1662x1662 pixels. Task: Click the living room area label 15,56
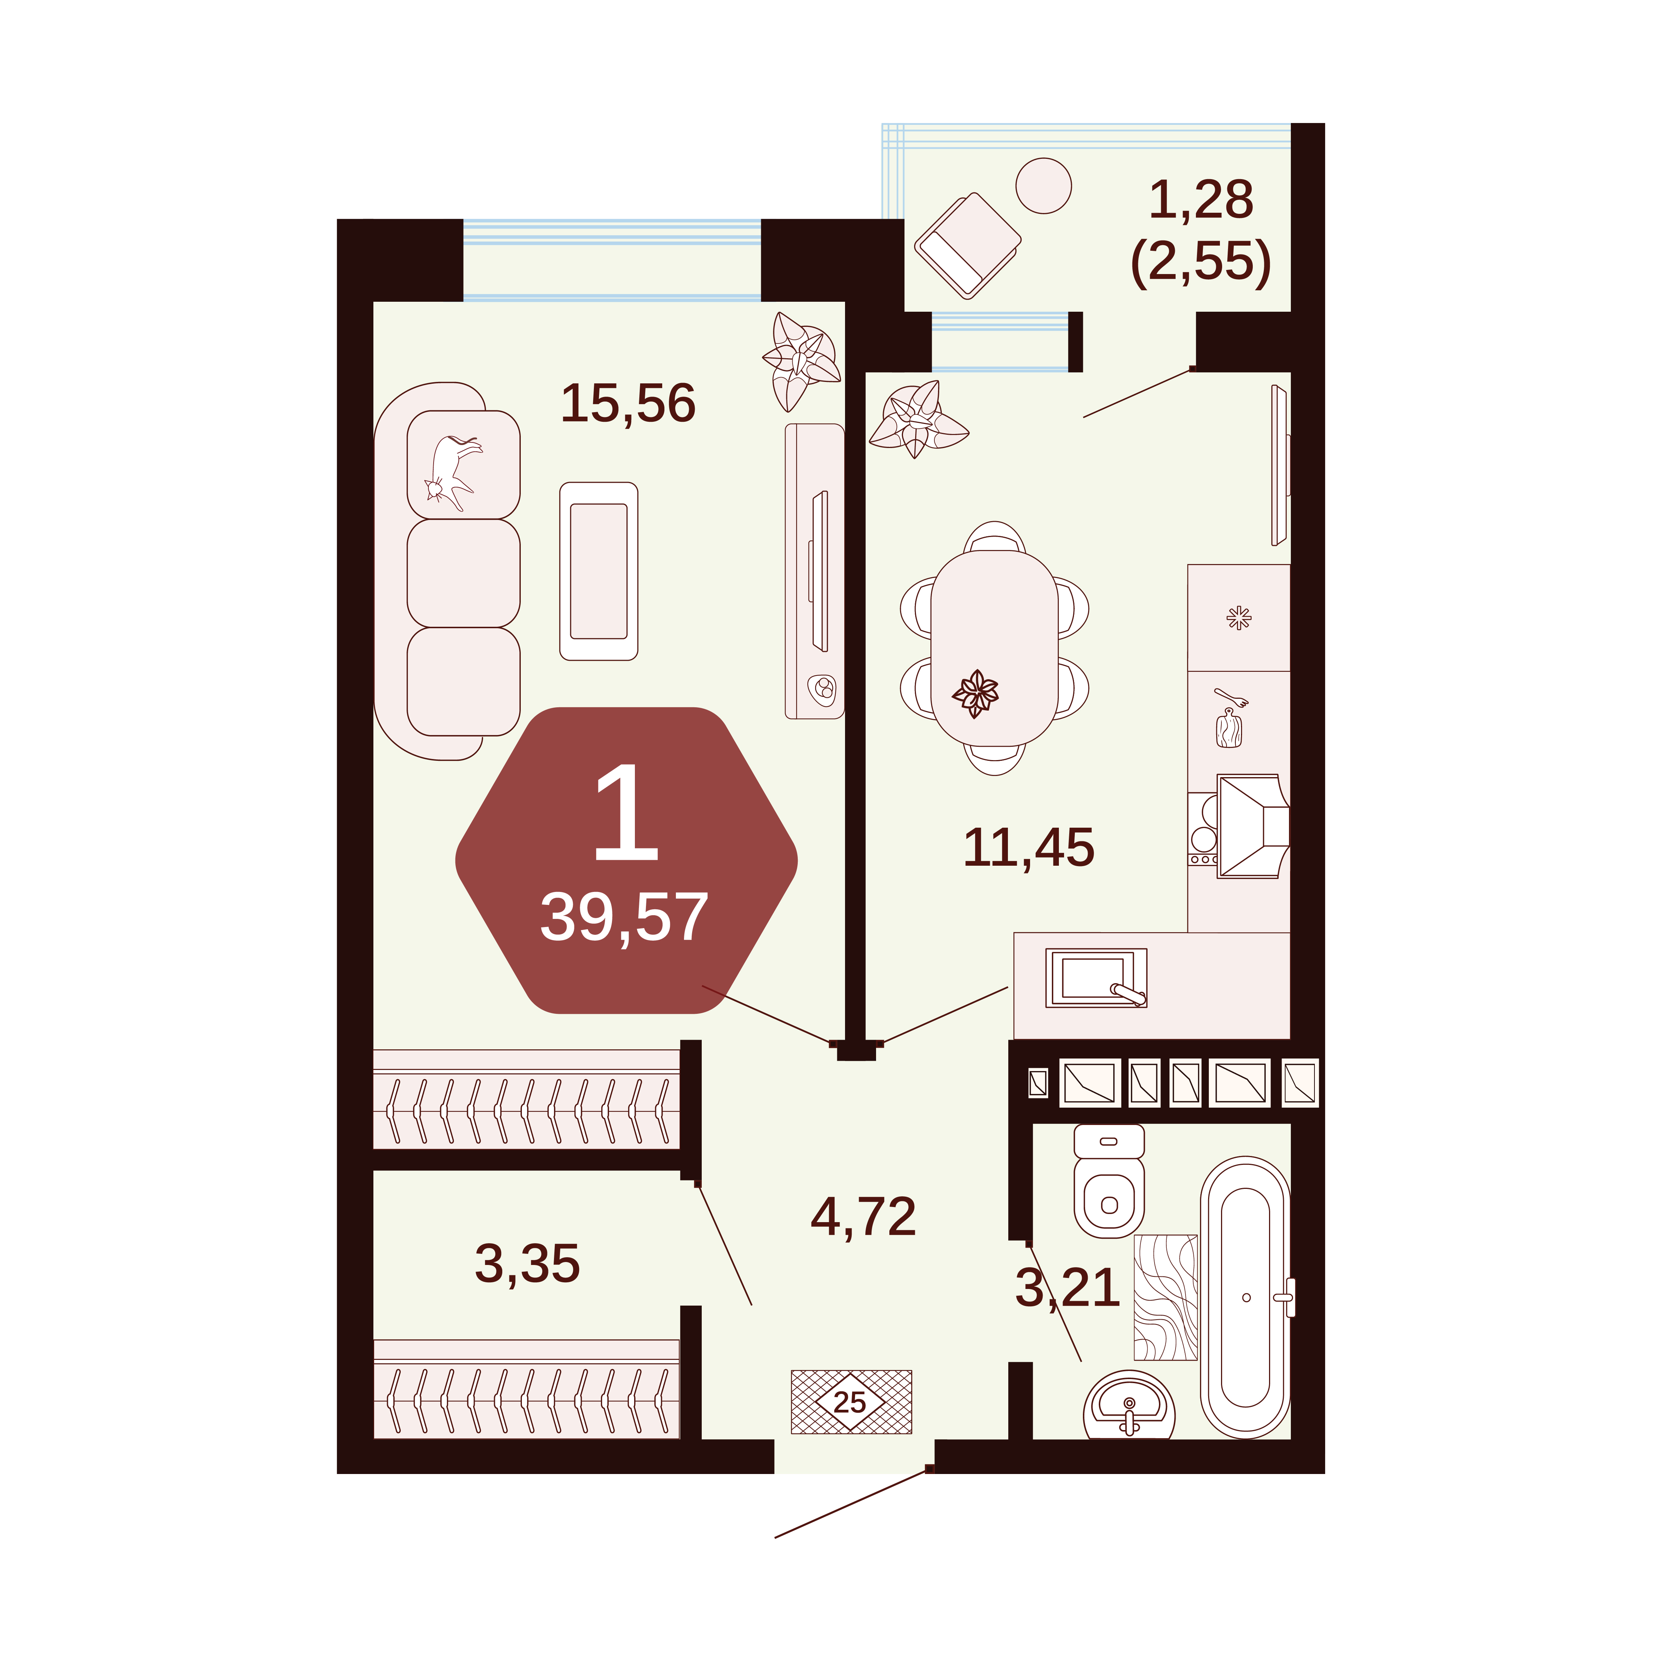[x=628, y=403]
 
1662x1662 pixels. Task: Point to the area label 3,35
[x=527, y=1264]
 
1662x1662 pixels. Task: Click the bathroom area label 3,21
[x=1068, y=1288]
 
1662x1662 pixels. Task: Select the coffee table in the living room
[x=599, y=571]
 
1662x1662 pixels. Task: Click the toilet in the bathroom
[x=1109, y=1181]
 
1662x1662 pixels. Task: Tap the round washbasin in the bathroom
[x=1129, y=1405]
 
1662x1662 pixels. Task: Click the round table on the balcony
[x=1043, y=185]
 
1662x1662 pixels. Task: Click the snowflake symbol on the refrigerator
[x=1239, y=618]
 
